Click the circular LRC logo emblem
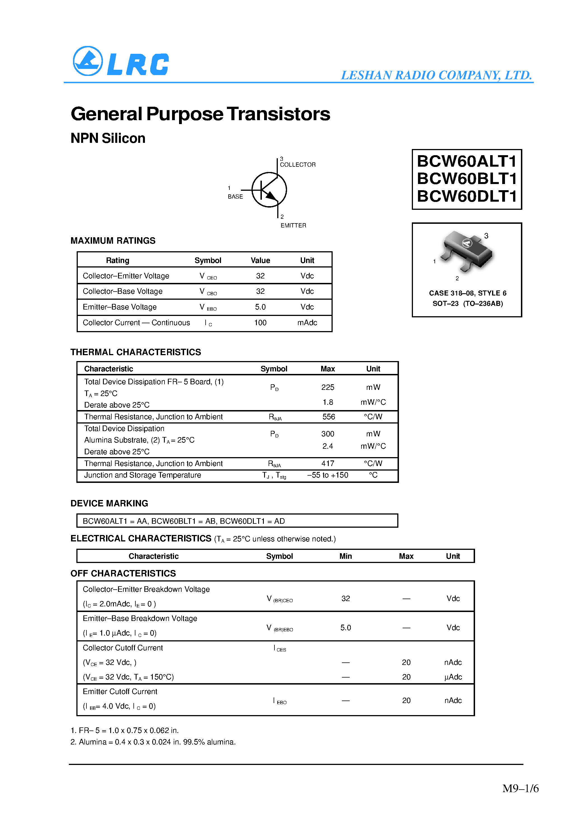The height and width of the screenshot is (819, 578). coord(88,61)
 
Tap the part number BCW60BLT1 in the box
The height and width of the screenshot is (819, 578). coord(466,179)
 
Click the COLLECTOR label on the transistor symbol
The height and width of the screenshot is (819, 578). coord(298,164)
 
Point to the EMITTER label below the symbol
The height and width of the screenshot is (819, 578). coord(293,225)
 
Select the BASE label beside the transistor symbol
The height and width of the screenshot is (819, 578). coord(235,197)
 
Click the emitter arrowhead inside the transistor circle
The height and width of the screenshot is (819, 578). coord(271,196)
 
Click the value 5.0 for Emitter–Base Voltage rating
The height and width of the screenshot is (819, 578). coord(260,307)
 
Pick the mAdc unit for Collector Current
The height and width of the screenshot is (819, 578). coord(307,323)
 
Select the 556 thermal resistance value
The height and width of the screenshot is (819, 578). coord(328,417)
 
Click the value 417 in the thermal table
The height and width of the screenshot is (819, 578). coord(328,463)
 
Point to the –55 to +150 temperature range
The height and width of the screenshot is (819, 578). coord(328,475)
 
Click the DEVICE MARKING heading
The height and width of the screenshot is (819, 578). coord(109,503)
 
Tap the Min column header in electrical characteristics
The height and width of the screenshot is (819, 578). coord(345,556)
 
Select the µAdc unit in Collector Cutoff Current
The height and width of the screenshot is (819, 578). coord(453,677)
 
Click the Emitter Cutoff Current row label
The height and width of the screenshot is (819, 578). coord(120,692)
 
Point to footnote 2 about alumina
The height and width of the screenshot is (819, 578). coord(153,742)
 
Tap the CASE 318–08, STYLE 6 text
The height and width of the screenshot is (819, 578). coord(467,293)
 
